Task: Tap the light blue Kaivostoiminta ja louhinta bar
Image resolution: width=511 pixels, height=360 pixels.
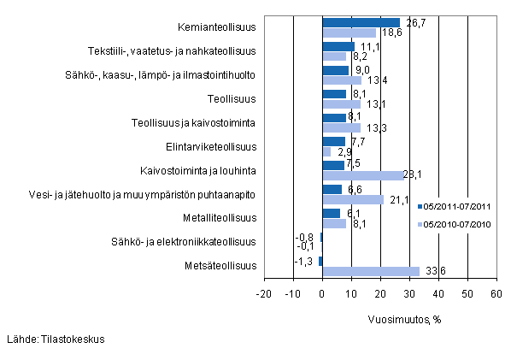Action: click(x=363, y=175)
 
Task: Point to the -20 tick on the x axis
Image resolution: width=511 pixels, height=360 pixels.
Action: click(x=264, y=293)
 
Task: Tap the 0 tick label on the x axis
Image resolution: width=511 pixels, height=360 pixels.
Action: click(x=322, y=293)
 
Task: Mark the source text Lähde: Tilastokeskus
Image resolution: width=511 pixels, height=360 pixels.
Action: click(x=55, y=339)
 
